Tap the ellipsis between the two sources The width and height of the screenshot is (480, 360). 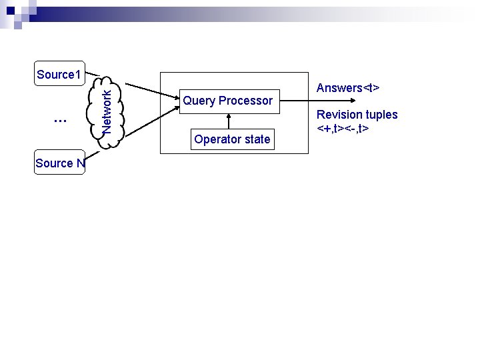pos(60,121)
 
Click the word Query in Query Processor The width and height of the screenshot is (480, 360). pos(199,101)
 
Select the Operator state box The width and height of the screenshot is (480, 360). pos(232,139)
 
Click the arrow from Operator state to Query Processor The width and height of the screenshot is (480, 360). pos(229,120)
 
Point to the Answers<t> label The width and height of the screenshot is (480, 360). pos(348,88)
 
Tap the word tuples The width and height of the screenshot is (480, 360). pos(381,115)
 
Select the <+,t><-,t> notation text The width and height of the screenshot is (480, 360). pos(343,127)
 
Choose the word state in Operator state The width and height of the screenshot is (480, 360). pos(257,139)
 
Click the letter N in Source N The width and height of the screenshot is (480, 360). pos(80,163)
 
